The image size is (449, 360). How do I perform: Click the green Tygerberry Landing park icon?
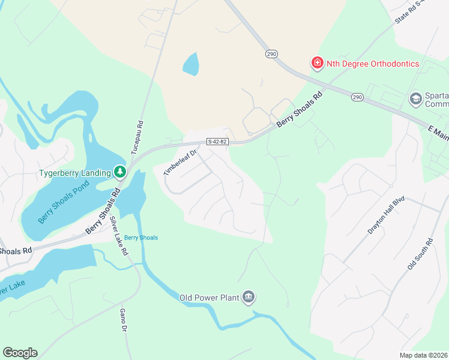[x=120, y=173]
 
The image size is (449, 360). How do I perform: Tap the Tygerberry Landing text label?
[x=75, y=173]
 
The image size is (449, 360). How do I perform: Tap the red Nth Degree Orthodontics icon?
[x=316, y=62]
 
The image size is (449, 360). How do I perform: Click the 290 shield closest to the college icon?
[x=358, y=97]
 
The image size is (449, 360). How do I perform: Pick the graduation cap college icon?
[x=415, y=98]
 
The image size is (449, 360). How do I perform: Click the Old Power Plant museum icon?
[x=249, y=297]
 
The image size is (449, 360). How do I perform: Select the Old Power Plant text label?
[x=209, y=297]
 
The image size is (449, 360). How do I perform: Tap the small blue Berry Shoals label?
[x=141, y=238]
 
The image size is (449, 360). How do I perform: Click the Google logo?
[x=20, y=353]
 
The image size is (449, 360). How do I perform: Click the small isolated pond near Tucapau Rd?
[x=190, y=64]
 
